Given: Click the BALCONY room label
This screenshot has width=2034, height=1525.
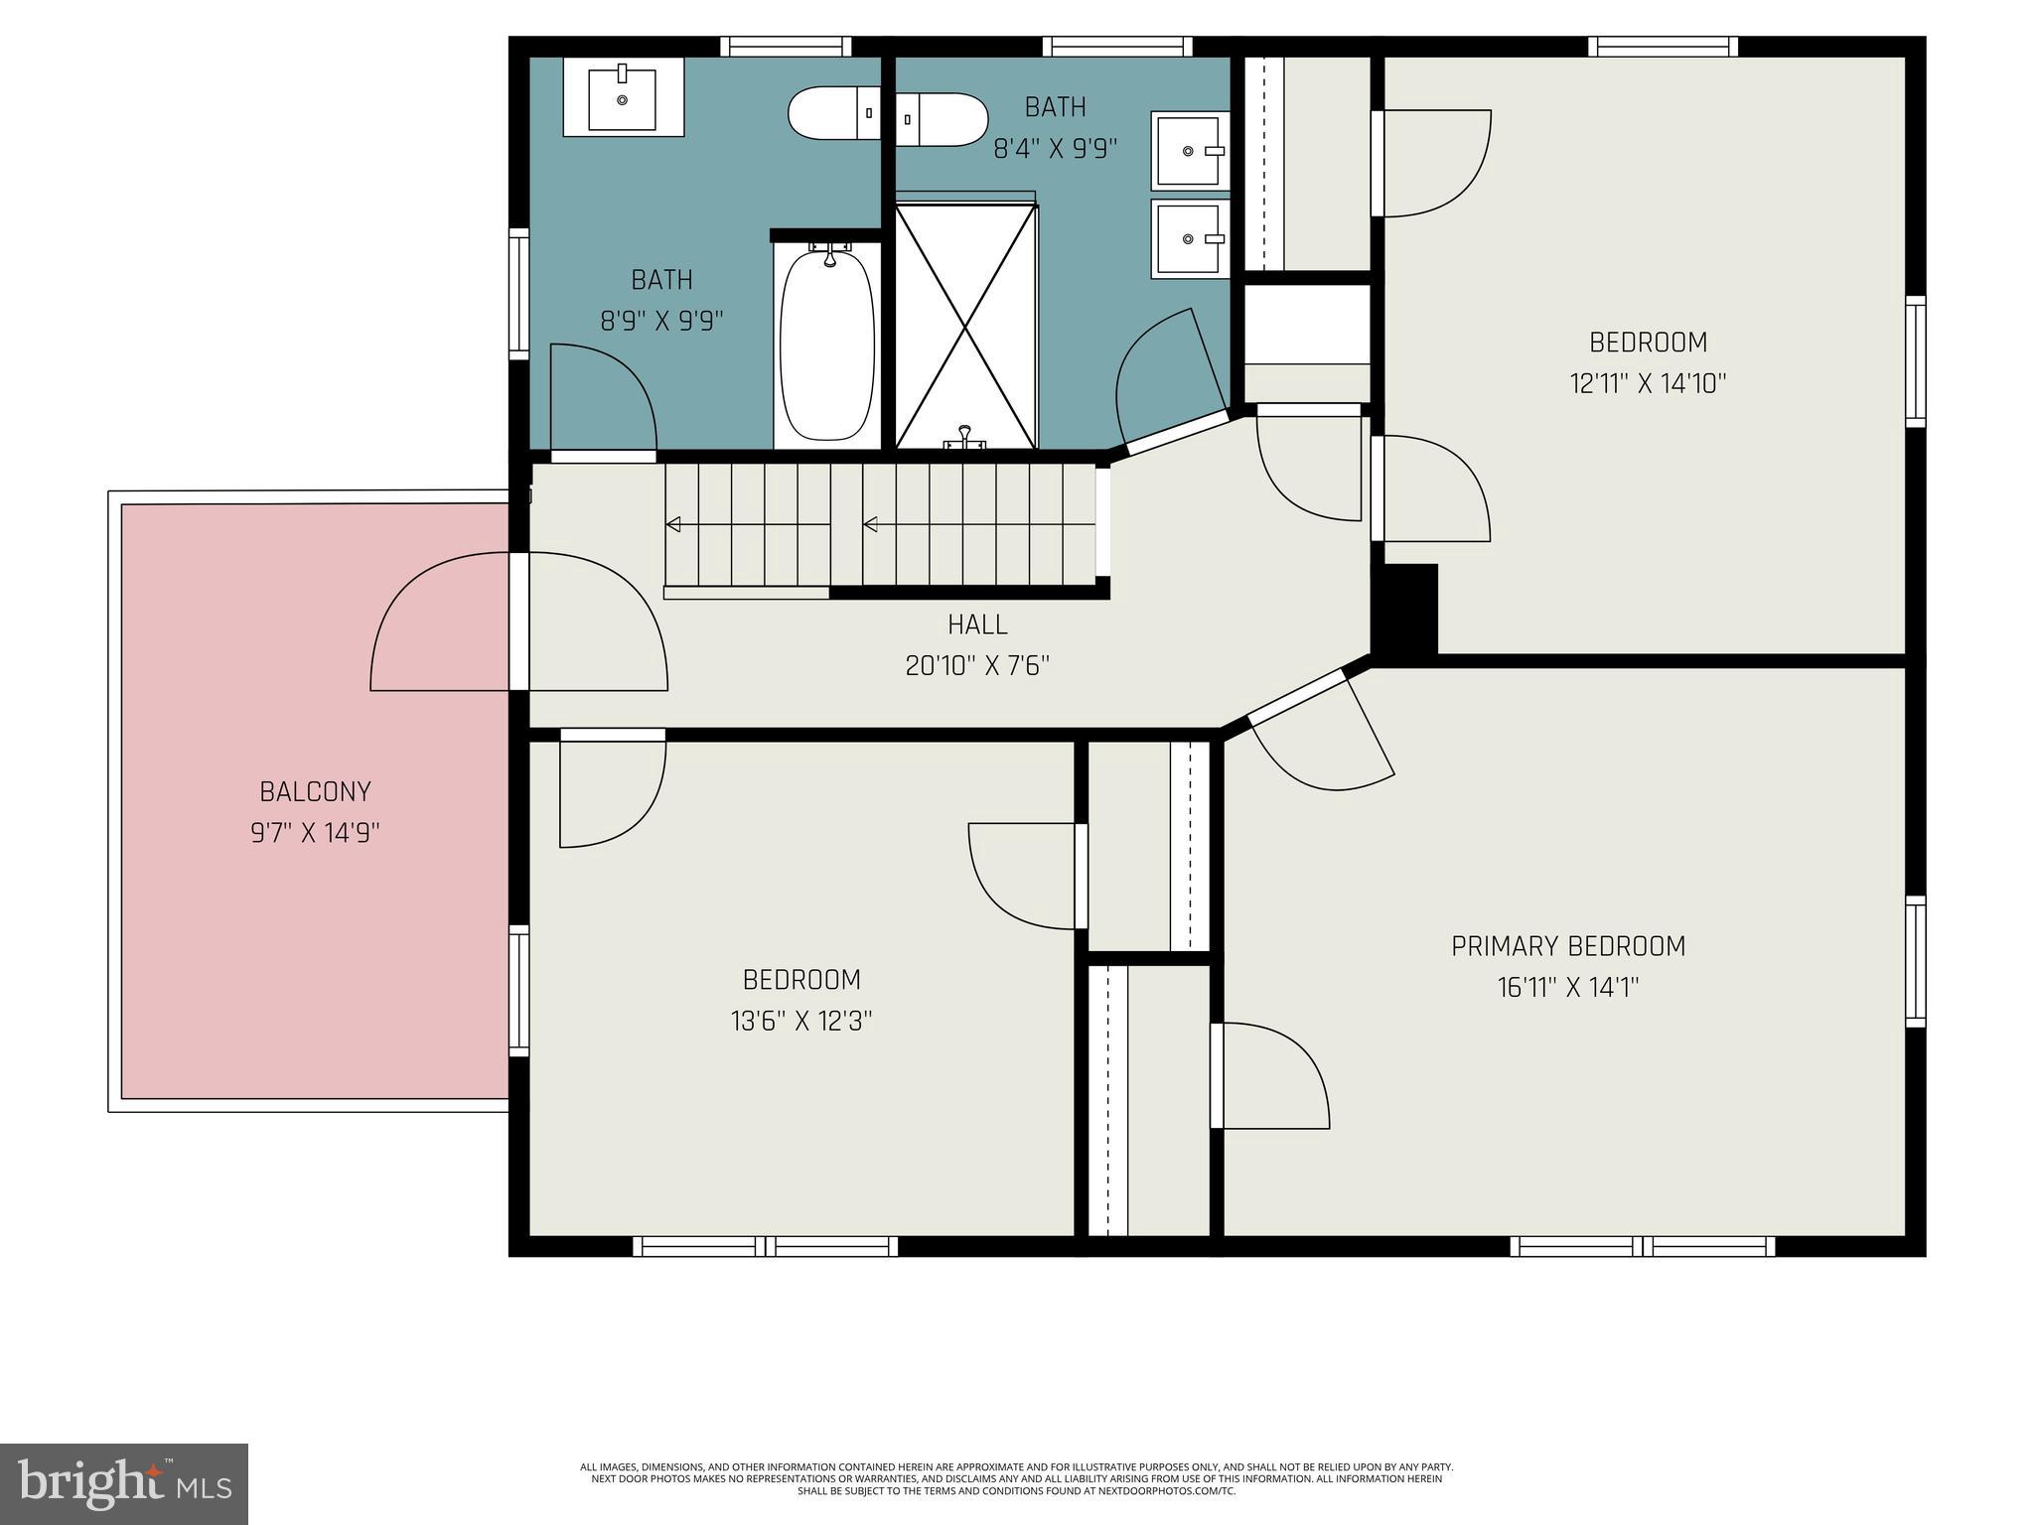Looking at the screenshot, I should pos(315,791).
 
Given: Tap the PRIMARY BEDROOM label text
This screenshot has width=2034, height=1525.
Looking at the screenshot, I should pos(1568,946).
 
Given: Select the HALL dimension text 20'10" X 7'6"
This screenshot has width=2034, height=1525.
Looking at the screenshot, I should pos(977,665).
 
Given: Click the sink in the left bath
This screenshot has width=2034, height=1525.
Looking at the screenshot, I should pos(623,96).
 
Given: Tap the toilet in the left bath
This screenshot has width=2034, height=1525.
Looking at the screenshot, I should pos(832,113).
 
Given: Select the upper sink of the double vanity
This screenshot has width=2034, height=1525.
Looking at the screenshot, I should pos(1190,150).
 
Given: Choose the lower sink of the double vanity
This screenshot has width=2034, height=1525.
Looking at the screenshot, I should pos(1190,238).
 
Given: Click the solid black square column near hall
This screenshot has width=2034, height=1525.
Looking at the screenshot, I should pos(1406,609).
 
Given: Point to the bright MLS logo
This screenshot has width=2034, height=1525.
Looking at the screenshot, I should pos(123,1484).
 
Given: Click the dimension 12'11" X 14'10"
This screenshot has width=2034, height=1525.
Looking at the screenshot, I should pos(1648,383).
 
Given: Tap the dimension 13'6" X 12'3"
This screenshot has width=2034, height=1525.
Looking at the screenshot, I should pos(801,1021).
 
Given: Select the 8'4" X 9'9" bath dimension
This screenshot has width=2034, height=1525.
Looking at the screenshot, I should pos(1055,149).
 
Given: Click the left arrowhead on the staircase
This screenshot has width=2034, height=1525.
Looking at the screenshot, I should pos(673,524).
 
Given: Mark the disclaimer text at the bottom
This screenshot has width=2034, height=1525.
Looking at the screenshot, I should pos(1016,1478).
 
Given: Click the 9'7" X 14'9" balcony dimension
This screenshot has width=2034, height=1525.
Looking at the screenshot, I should pos(315,832).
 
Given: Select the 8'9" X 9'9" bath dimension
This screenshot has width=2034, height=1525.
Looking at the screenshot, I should pos(661,321).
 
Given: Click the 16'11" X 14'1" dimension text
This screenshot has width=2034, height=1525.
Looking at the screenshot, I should pos(1568,988).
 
